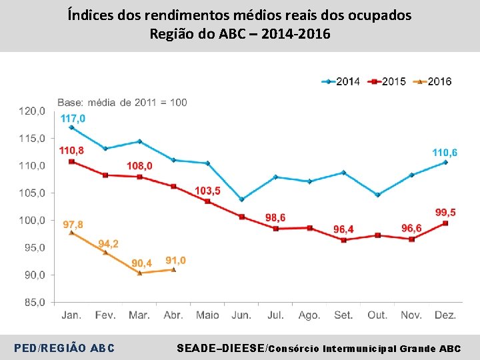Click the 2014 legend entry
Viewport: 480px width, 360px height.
(x=341, y=81)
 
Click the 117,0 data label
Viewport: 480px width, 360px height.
(x=73, y=118)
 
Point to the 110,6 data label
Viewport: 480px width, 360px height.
(x=445, y=153)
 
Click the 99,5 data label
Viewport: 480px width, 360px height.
(x=445, y=212)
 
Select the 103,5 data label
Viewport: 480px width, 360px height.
(x=207, y=191)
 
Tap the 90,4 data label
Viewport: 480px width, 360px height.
(x=141, y=263)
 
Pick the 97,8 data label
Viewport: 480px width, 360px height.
(x=73, y=225)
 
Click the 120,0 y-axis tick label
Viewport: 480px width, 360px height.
(x=33, y=111)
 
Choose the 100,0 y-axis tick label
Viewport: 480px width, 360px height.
(x=33, y=220)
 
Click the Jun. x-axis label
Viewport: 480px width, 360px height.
(x=241, y=315)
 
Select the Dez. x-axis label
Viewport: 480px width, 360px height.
(x=445, y=315)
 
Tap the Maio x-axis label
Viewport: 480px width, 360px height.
(x=207, y=315)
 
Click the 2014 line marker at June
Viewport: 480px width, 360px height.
(x=241, y=199)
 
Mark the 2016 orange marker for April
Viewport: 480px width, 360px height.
(x=173, y=269)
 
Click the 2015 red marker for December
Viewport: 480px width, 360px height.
(x=445, y=223)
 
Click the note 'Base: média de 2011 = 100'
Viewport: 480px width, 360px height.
(x=122, y=102)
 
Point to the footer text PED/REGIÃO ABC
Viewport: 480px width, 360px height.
(x=65, y=348)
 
